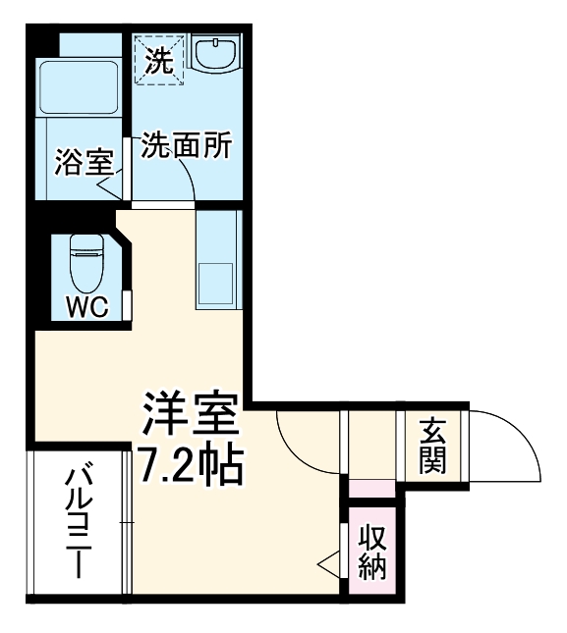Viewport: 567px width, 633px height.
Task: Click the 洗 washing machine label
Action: click(x=159, y=62)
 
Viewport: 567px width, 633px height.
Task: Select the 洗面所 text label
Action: click(x=187, y=145)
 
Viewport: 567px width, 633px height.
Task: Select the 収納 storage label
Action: click(x=371, y=552)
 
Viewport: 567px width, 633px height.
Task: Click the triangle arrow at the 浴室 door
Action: click(x=109, y=185)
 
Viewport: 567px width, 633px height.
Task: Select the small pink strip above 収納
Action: click(x=370, y=488)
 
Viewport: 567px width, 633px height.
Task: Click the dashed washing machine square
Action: click(x=159, y=59)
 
